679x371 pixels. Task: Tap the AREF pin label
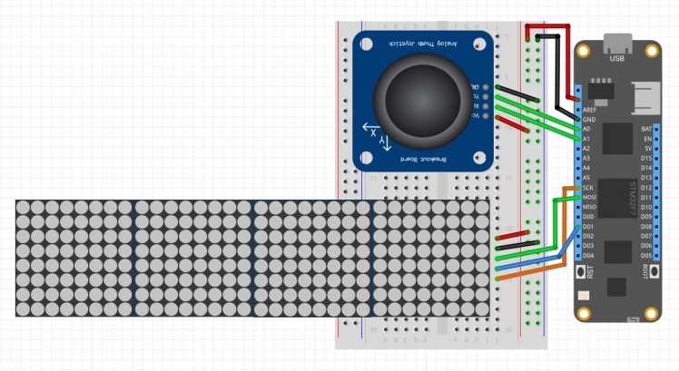pos(588,110)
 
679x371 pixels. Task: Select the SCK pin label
pos(588,188)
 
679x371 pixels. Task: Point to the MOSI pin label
pos(589,198)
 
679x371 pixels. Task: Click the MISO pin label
pos(589,208)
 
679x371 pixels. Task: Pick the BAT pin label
pos(646,129)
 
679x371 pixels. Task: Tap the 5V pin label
pos(648,149)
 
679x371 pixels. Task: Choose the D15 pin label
pos(646,159)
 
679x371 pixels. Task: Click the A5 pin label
pos(586,178)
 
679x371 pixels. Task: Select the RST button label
pos(590,271)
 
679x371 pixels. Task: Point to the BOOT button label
pos(645,271)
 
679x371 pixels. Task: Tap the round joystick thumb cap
pos(423,94)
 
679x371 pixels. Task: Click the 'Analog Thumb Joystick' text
pos(424,43)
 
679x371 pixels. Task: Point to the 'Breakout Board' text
pos(423,158)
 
